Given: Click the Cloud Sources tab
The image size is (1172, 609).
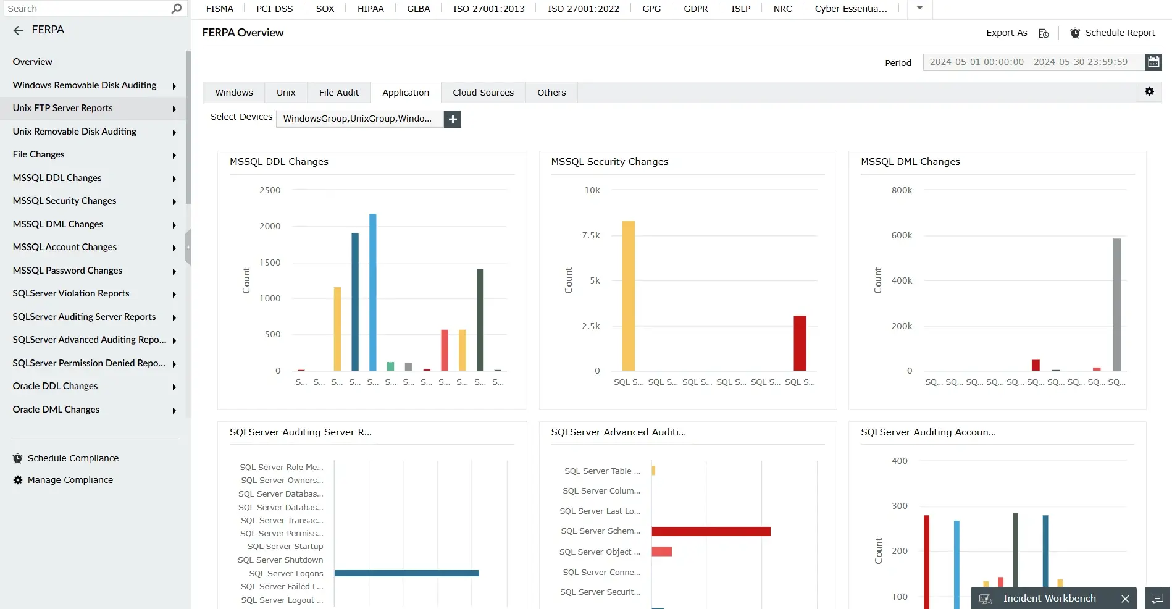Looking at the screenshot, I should (483, 93).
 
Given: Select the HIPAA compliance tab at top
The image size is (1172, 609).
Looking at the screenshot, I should (370, 9).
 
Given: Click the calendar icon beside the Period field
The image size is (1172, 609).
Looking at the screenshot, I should (1153, 62).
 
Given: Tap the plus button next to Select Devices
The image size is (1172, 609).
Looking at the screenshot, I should (453, 119).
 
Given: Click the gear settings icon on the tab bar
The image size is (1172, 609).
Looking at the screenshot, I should (1149, 91).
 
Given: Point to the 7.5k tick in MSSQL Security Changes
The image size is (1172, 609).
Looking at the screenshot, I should (591, 235).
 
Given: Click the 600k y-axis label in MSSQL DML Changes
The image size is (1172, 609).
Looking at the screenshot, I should (902, 235).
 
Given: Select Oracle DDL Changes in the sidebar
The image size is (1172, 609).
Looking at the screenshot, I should (55, 386).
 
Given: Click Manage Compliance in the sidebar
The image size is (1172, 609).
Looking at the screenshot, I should (70, 480).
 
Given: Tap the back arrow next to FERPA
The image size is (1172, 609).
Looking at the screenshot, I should (18, 30).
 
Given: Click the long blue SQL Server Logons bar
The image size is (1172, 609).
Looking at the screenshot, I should (406, 573).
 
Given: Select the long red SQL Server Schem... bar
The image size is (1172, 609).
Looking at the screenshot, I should (711, 531).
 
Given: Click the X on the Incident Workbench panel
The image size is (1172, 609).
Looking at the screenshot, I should (1125, 598).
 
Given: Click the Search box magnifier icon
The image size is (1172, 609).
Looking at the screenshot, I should (177, 9).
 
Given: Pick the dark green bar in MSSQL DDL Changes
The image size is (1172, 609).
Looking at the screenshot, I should (480, 319).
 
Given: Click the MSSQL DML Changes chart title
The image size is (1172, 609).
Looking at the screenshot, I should (910, 162).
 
